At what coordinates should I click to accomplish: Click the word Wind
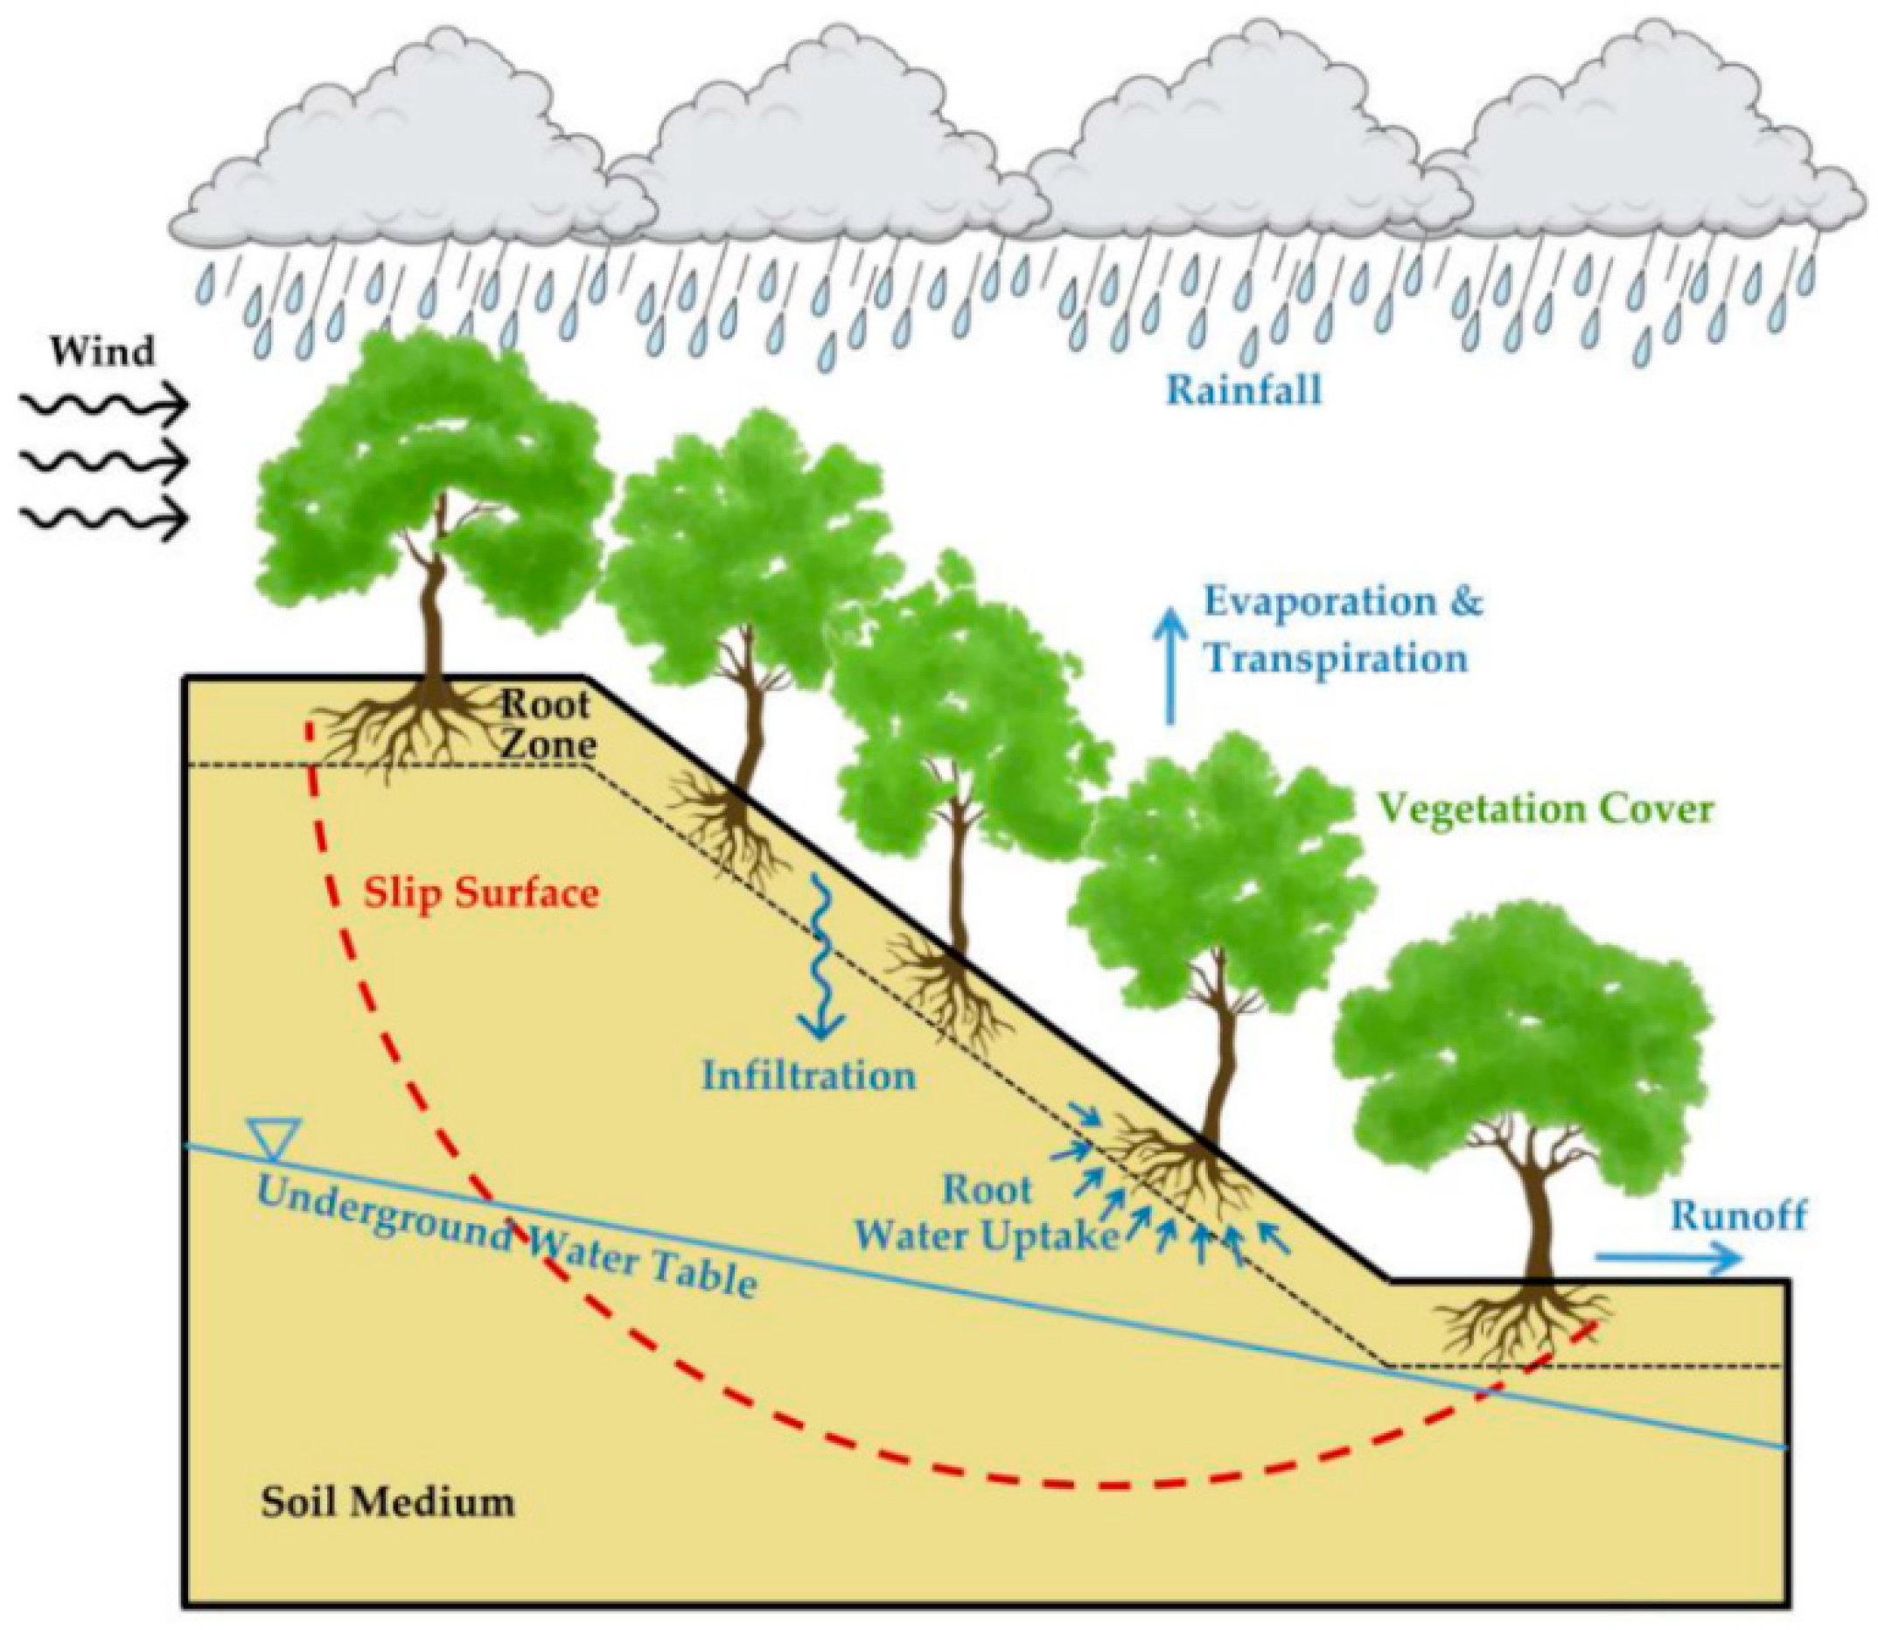(101, 352)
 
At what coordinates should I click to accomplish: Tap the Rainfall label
(1244, 390)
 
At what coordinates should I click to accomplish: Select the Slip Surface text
(481, 893)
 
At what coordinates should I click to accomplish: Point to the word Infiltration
(808, 1076)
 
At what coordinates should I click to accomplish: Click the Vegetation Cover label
(1545, 808)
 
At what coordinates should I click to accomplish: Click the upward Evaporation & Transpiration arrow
(1169, 668)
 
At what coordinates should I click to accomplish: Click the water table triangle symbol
(273, 1140)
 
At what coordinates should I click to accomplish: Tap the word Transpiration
(1336, 659)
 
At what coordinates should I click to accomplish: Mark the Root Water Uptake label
(988, 1214)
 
